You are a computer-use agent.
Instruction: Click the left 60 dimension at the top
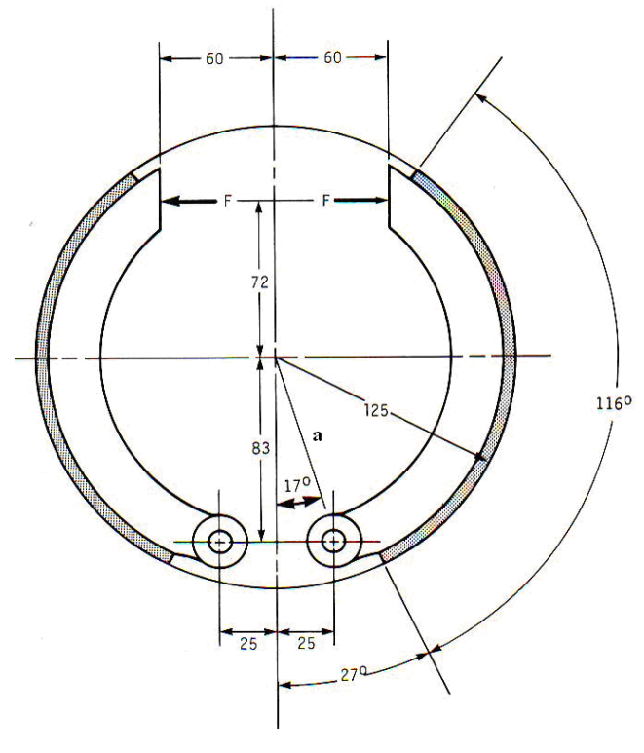pyautogui.click(x=215, y=58)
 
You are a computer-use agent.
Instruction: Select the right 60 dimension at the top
pyautogui.click(x=332, y=58)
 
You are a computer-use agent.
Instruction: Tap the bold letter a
pyautogui.click(x=317, y=437)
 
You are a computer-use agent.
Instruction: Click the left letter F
pyautogui.click(x=226, y=202)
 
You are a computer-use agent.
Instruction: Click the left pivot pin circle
pyautogui.click(x=219, y=540)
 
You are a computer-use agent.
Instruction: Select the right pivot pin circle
pyautogui.click(x=333, y=540)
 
